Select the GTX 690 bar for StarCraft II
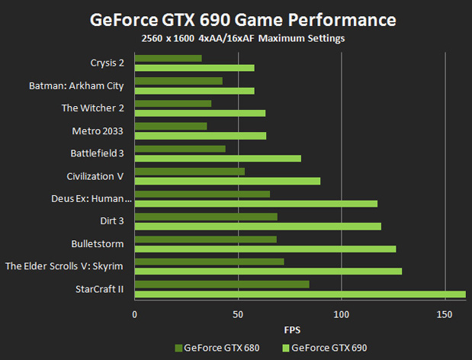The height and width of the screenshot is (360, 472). pos(300,294)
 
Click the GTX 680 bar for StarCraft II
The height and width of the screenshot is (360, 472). pos(222,284)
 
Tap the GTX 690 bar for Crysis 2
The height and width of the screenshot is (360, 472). pos(194,68)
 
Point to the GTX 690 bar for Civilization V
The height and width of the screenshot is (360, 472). pos(227,181)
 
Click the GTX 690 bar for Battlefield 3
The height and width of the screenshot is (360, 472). pos(218,159)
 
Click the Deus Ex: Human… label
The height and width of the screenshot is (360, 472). pos(91,199)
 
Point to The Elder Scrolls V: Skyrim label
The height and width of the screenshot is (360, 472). pos(65,266)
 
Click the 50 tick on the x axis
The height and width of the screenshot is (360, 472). pos(238,313)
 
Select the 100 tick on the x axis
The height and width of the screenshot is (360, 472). pos(341,313)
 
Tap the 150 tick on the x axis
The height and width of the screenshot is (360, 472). pos(445,313)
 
